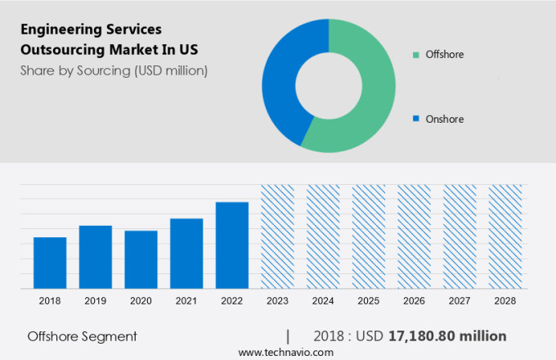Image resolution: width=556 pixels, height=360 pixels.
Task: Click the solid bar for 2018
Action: coord(50,263)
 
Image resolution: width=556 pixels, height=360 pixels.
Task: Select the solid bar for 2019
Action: coord(96,257)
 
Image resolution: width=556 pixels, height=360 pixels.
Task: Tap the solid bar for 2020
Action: coord(141,259)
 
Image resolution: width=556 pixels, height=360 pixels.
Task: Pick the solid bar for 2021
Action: coord(186,253)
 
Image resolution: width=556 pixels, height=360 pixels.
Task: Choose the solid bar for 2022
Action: coord(231,245)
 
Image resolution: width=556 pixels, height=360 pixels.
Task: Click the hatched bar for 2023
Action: coord(277,236)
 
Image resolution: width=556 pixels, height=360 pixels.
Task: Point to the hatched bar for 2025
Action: coord(368,236)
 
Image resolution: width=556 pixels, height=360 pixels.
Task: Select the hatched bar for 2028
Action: coord(504,236)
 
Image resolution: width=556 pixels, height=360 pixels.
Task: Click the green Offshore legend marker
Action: coord(416,55)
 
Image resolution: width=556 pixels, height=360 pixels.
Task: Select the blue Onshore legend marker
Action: coord(416,119)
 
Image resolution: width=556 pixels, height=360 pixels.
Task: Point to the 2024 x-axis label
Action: coord(322,301)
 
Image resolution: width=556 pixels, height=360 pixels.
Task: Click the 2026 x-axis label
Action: coord(414,301)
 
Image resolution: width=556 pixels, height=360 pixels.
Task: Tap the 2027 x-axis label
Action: coord(459,301)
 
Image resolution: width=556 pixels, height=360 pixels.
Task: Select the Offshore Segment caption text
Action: coord(82,336)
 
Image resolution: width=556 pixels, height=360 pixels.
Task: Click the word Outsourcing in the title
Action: coord(62,48)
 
